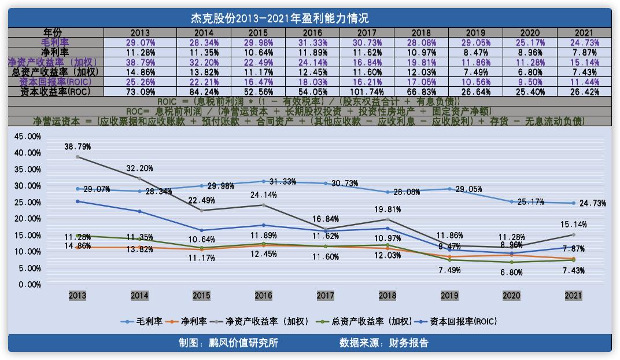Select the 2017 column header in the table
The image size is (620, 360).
tap(367, 33)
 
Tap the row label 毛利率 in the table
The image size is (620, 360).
tap(56, 43)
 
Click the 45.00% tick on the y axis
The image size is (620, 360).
tap(27, 137)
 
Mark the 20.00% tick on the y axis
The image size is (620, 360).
tap(27, 219)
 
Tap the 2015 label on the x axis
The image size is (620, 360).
tap(201, 296)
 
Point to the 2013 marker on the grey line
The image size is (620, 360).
tap(77, 157)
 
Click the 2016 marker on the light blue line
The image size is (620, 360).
tap(264, 182)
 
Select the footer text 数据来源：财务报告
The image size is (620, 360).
tap(384, 343)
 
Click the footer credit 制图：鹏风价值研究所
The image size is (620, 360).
tap(228, 343)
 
